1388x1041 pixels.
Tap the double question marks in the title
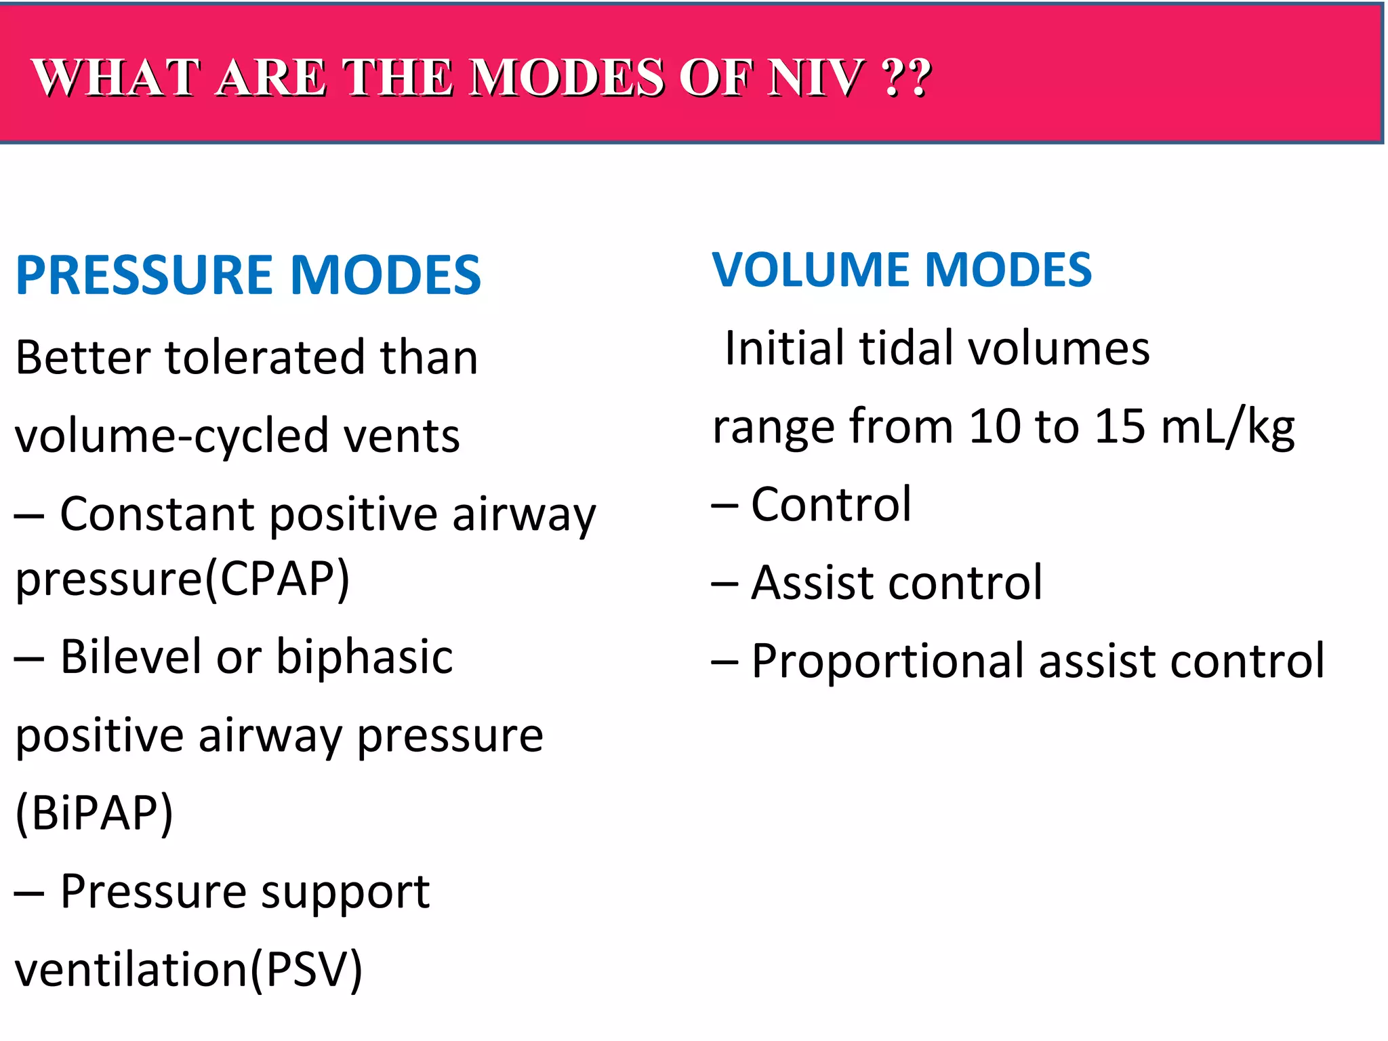point(907,78)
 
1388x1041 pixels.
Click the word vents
point(402,436)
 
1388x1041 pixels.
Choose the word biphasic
point(365,657)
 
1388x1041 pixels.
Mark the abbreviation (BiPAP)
point(94,813)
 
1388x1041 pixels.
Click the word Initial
point(784,348)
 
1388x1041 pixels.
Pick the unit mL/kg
point(1227,428)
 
